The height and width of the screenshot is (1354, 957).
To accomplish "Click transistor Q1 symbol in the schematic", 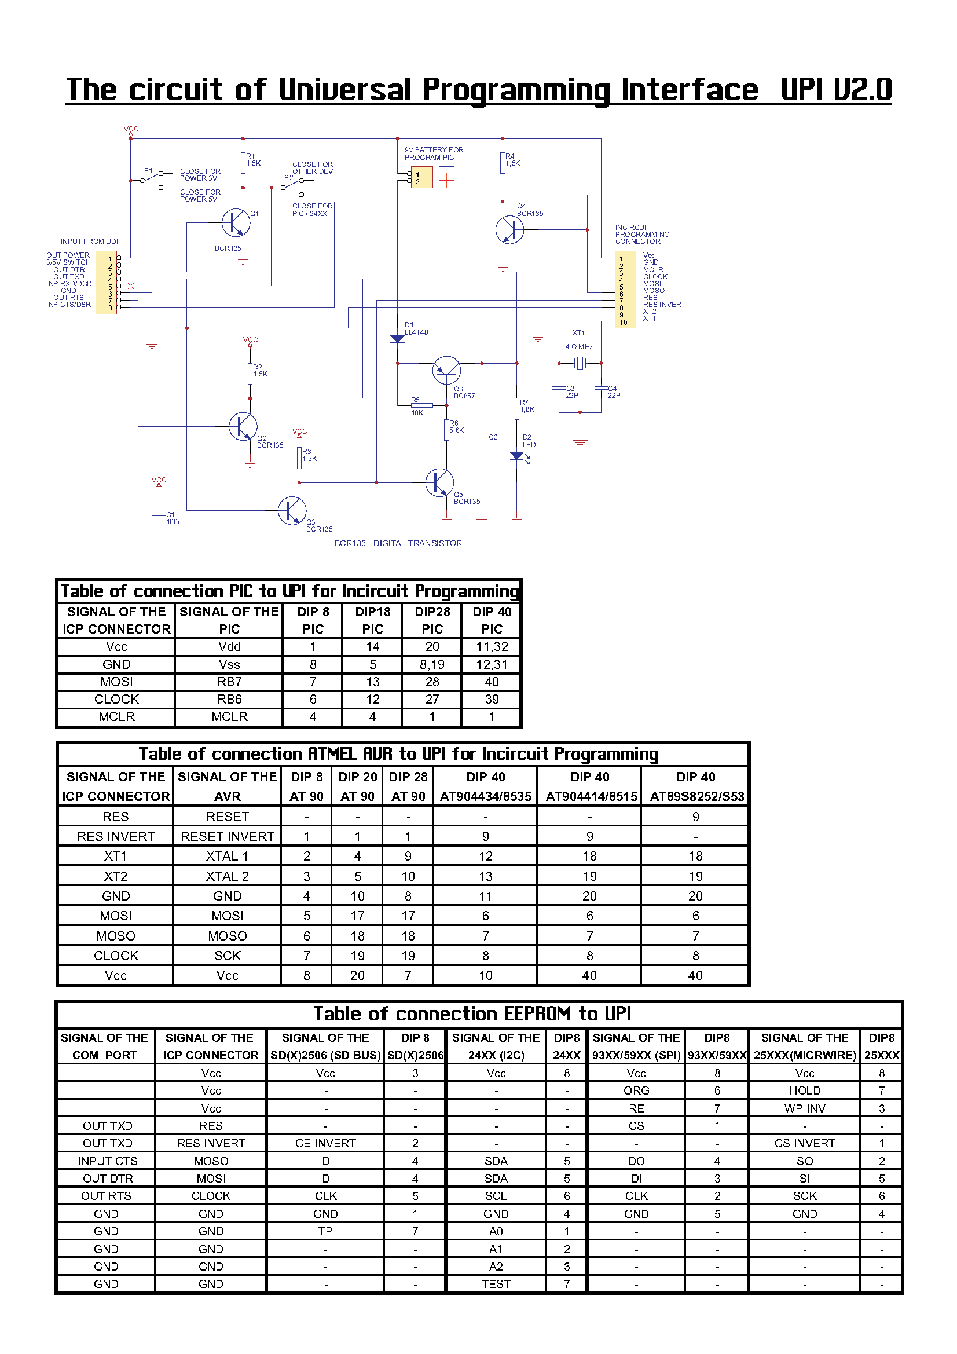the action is [x=235, y=223].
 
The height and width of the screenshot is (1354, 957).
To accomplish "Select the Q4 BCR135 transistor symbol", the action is [x=509, y=229].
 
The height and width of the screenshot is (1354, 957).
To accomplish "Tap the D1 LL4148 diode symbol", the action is [x=397, y=339].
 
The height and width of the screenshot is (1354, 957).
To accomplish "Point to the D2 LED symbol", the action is [x=518, y=456].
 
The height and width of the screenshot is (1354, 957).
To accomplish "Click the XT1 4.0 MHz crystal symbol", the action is [x=580, y=363].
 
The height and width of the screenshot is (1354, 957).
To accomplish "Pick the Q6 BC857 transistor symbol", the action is [x=446, y=370].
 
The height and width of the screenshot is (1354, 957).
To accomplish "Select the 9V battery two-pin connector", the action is [x=420, y=177].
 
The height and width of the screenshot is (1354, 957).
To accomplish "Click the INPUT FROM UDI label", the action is [x=89, y=241].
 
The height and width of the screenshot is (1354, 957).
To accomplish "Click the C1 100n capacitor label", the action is [x=174, y=518].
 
